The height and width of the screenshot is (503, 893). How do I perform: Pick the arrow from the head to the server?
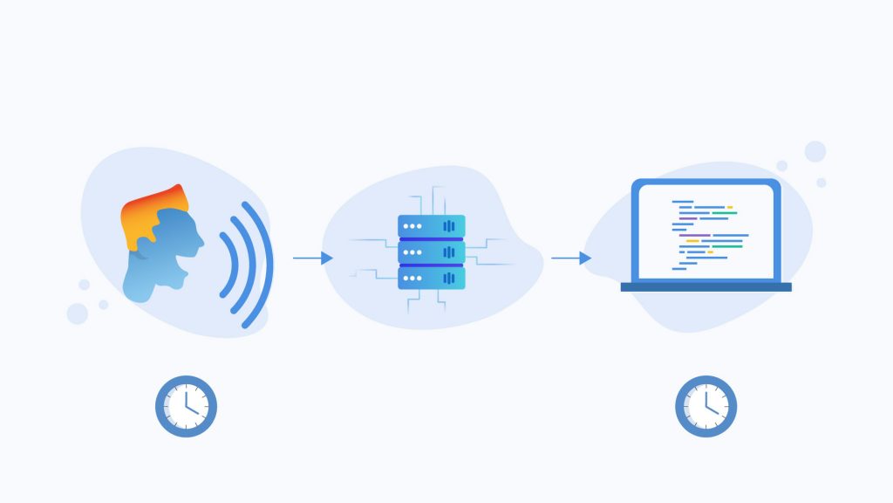pyautogui.click(x=312, y=258)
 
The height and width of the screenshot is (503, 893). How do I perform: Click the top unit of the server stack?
pyautogui.click(x=431, y=226)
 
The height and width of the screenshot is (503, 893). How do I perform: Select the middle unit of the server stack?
pyautogui.click(x=431, y=252)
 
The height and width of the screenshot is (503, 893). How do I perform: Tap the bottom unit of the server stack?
pyautogui.click(x=431, y=279)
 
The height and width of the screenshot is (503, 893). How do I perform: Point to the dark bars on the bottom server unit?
pyautogui.click(x=450, y=279)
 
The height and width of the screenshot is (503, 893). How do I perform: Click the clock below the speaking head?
pyautogui.click(x=186, y=406)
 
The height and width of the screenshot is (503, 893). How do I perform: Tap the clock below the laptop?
pyautogui.click(x=706, y=406)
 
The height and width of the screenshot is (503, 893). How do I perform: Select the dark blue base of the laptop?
pyautogui.click(x=706, y=286)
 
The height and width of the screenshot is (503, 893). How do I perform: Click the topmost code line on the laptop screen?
pyautogui.click(x=682, y=202)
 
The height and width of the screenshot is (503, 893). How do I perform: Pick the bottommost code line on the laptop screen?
pyautogui.click(x=679, y=269)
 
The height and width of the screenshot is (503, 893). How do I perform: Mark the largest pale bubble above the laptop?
pyautogui.click(x=815, y=151)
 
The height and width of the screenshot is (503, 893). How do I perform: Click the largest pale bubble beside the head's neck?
pyautogui.click(x=78, y=314)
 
